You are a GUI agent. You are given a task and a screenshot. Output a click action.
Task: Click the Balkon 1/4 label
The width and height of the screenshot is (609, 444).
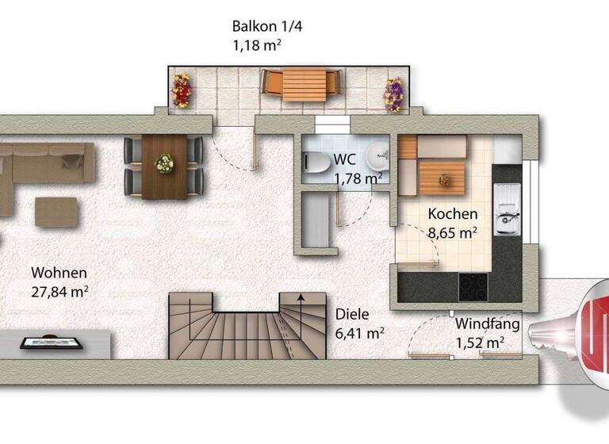[x=267, y=26]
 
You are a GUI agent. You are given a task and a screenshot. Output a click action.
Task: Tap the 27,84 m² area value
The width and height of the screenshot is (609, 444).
[x=55, y=291]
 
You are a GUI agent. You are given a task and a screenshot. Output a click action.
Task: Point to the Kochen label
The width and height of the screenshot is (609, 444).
[x=453, y=214]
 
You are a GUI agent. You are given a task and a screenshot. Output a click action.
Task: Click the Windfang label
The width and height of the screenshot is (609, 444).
[x=487, y=323]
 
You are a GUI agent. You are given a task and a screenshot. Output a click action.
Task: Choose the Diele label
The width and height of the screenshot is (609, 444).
[x=351, y=313]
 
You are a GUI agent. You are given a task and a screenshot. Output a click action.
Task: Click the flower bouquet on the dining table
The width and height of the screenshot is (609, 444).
[x=164, y=164]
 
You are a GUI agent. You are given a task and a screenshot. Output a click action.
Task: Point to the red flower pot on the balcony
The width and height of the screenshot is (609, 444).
[x=182, y=91]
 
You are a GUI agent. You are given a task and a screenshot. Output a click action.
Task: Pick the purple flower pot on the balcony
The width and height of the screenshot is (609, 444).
[x=393, y=93]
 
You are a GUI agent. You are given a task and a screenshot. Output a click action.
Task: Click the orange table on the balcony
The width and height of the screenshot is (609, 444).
[x=303, y=82]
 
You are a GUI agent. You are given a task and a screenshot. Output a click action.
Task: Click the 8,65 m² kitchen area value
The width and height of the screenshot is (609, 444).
[x=452, y=233]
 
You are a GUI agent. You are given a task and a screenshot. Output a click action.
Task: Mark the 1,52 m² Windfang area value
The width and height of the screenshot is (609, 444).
[x=481, y=343]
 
